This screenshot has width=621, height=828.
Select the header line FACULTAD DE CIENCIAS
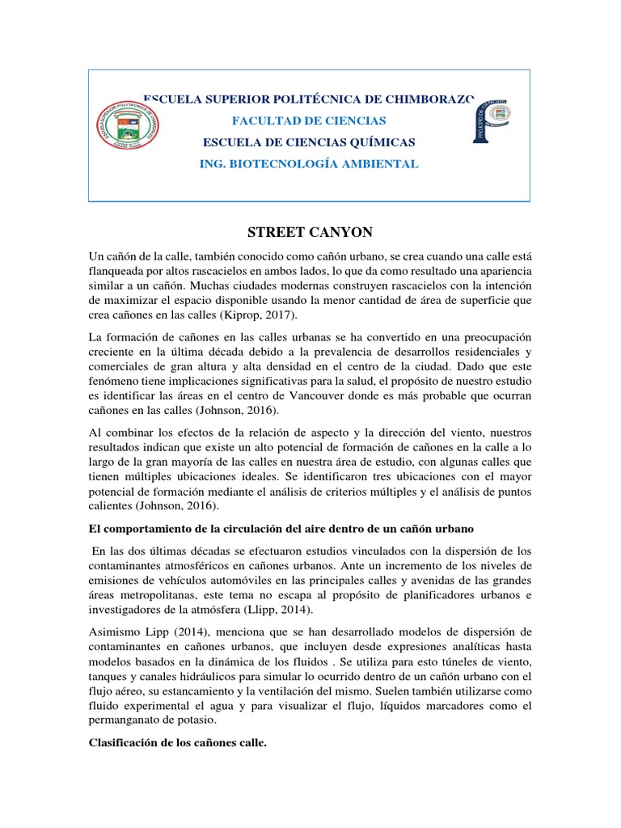point(309,120)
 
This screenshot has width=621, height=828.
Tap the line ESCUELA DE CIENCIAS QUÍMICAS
point(309,142)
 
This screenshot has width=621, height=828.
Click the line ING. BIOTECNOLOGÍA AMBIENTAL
point(309,163)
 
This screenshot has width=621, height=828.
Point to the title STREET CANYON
point(309,232)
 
